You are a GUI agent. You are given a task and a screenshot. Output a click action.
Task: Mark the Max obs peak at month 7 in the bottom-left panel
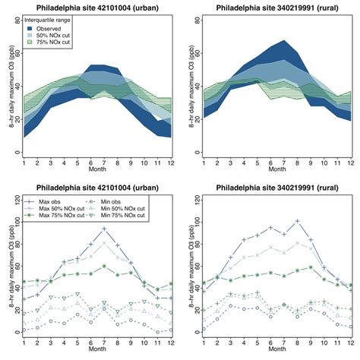104,229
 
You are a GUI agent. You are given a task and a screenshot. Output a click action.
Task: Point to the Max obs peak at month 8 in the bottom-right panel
297,221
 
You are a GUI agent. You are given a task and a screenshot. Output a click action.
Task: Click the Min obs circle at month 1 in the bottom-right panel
204,329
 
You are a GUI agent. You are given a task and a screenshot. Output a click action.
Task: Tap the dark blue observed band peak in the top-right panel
283,41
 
